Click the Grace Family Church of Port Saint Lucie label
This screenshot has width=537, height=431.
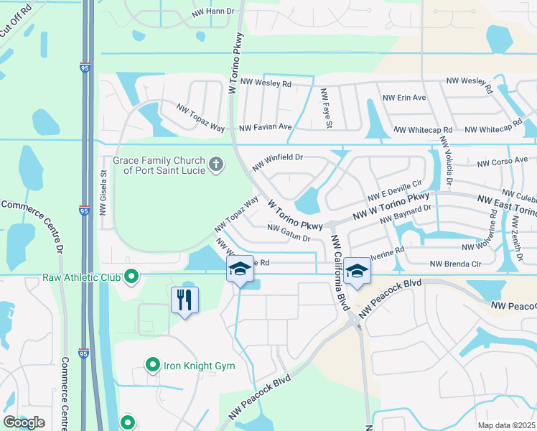tap(159, 165)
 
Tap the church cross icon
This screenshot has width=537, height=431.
tap(215, 165)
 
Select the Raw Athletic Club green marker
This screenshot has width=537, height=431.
tap(131, 276)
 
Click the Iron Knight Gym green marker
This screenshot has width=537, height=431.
tap(152, 366)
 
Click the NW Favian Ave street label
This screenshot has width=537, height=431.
tap(266, 127)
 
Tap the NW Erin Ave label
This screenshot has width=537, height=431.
tap(404, 98)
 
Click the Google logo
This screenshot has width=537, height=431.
tap(24, 422)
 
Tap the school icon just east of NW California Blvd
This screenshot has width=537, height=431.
tap(355, 271)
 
